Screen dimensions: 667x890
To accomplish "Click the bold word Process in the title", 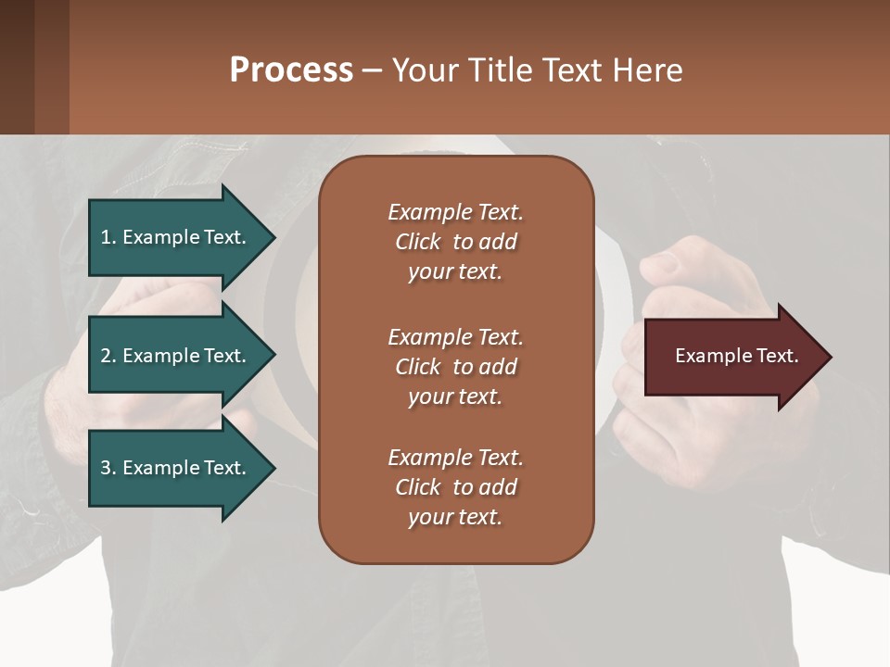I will click(x=291, y=69).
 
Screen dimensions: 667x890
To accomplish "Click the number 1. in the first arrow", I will click(x=108, y=237).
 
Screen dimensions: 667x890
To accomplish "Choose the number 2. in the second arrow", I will click(x=108, y=356).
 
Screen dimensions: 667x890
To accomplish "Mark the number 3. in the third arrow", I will click(x=108, y=468).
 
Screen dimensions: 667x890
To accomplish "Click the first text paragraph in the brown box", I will click(x=455, y=242).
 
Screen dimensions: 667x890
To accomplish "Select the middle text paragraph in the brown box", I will click(x=455, y=367).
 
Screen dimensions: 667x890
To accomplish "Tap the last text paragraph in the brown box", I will click(x=455, y=487).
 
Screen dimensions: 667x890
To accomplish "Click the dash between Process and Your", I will click(x=372, y=71).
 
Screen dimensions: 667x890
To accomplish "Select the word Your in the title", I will click(x=426, y=69).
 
